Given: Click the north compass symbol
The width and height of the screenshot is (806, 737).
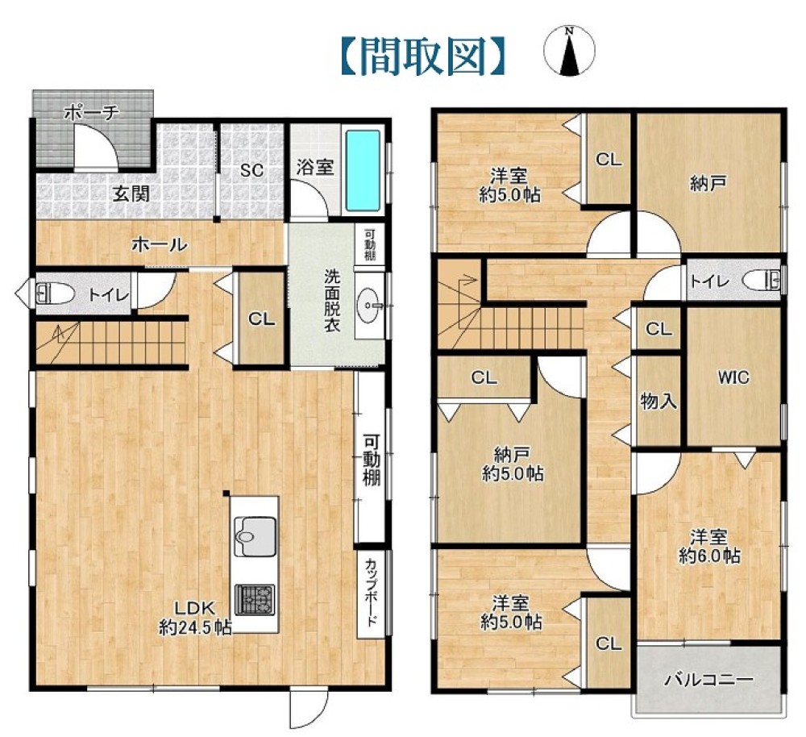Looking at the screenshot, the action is point(569,51).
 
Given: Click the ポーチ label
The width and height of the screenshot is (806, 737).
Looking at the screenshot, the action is point(92,112).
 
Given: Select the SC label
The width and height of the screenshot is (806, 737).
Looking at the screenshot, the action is point(251,170).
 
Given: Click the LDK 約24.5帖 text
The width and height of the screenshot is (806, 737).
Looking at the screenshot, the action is point(195,617).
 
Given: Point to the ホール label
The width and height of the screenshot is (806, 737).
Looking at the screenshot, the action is point(160,245).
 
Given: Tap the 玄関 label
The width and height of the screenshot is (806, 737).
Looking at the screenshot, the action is point(131,194).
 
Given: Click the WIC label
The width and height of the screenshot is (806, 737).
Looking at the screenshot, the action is point(733,377).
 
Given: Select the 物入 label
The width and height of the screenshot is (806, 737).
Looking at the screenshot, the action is point(659,402).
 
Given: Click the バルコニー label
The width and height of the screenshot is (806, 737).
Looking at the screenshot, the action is point(708,681).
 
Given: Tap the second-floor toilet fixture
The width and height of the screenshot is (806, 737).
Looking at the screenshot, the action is point(762,281).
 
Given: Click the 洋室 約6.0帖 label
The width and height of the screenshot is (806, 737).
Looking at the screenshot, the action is point(709,547).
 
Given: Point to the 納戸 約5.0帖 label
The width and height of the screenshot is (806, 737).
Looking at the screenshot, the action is point(513,464).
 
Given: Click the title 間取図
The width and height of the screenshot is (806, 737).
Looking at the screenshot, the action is point(423,56).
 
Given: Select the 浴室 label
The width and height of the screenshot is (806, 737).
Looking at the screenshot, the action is point(314,167).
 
